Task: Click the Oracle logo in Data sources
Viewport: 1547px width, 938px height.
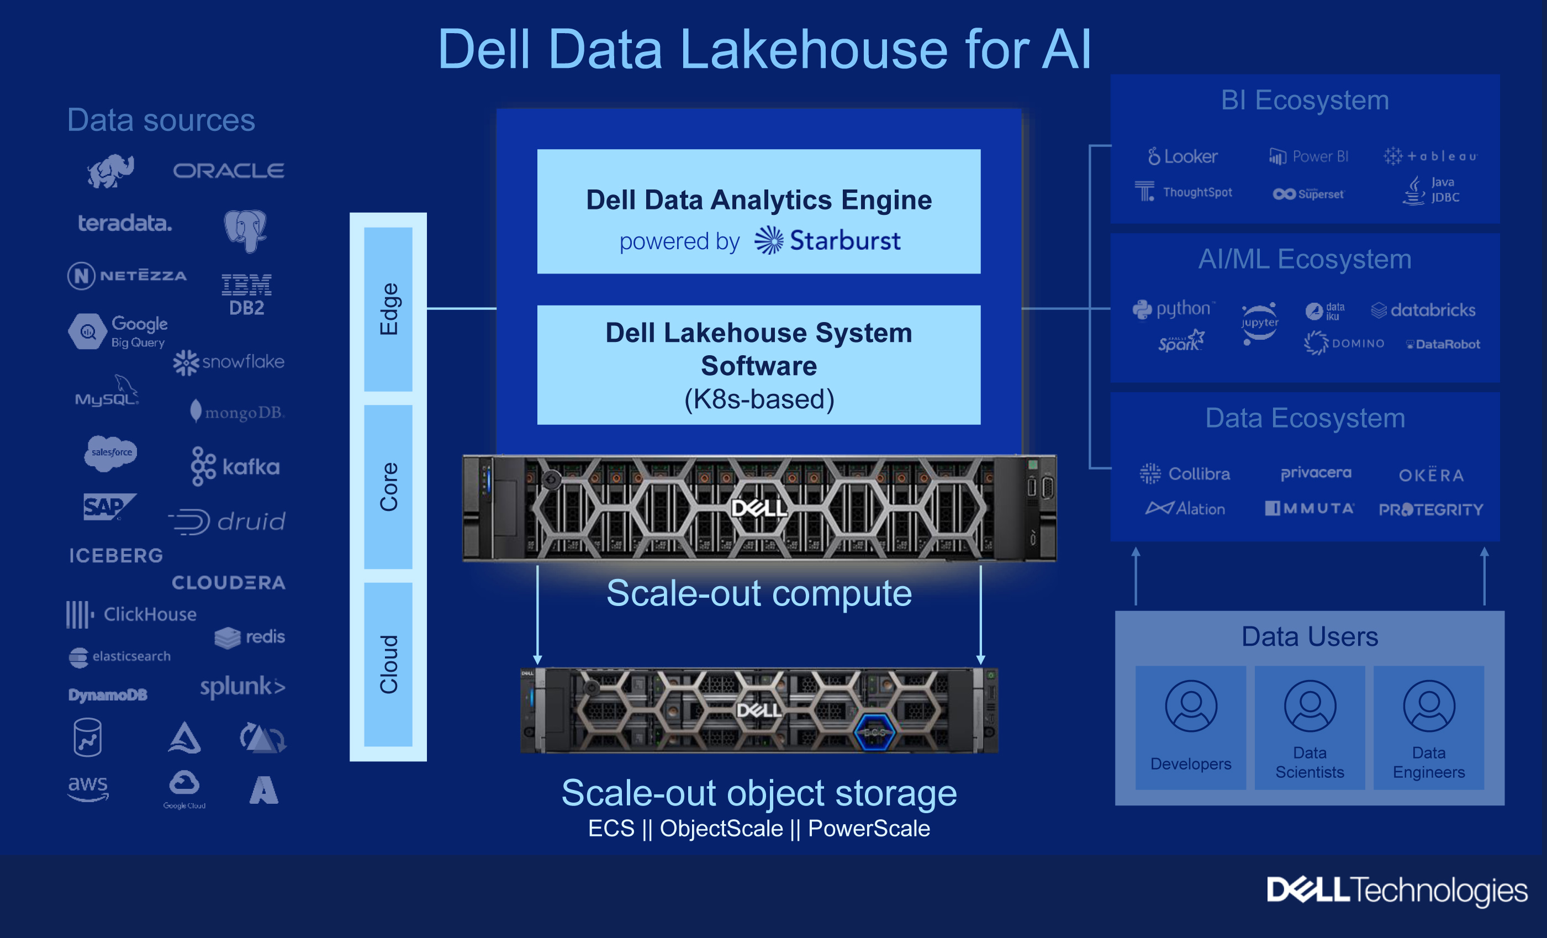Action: pyautogui.click(x=229, y=170)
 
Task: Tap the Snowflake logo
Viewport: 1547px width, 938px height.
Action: pyautogui.click(x=229, y=362)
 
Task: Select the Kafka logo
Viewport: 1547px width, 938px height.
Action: pyautogui.click(x=235, y=466)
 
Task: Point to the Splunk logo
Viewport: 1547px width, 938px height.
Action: pyautogui.click(x=242, y=686)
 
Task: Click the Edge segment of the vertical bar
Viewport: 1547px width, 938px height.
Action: pyautogui.click(x=388, y=309)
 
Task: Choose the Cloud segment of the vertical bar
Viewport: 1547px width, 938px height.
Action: pyautogui.click(x=388, y=664)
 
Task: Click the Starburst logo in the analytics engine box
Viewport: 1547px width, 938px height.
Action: pyautogui.click(x=827, y=240)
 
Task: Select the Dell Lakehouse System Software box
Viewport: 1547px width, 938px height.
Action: pyautogui.click(x=758, y=365)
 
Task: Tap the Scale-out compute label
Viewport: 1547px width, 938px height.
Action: pyautogui.click(x=758, y=593)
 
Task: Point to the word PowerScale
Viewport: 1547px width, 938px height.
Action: pyautogui.click(x=868, y=829)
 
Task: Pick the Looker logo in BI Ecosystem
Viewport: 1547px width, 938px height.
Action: pyautogui.click(x=1182, y=156)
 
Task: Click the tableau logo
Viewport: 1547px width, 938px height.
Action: pyautogui.click(x=1430, y=156)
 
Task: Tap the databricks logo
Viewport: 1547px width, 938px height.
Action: pyautogui.click(x=1423, y=310)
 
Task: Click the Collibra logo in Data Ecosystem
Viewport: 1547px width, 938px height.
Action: pyautogui.click(x=1185, y=473)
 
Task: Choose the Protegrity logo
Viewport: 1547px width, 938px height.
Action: pyautogui.click(x=1431, y=509)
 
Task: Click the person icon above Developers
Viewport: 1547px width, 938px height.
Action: pyautogui.click(x=1190, y=705)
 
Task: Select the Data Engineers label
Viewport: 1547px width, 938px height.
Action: pyautogui.click(x=1428, y=762)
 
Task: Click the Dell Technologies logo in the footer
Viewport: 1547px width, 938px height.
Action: pyautogui.click(x=1396, y=890)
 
